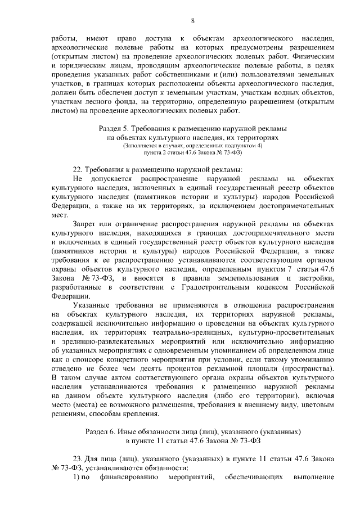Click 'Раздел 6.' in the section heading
pos(98,431)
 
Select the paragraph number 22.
pos(79,169)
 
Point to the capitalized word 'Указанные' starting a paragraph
pos(92,305)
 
